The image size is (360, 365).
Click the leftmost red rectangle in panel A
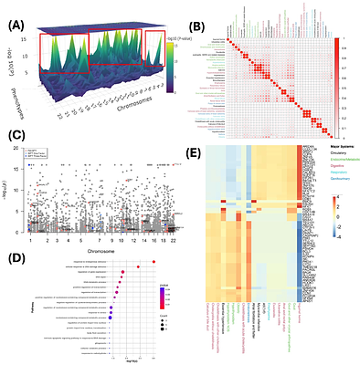pyautogui.click(x=62, y=53)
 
